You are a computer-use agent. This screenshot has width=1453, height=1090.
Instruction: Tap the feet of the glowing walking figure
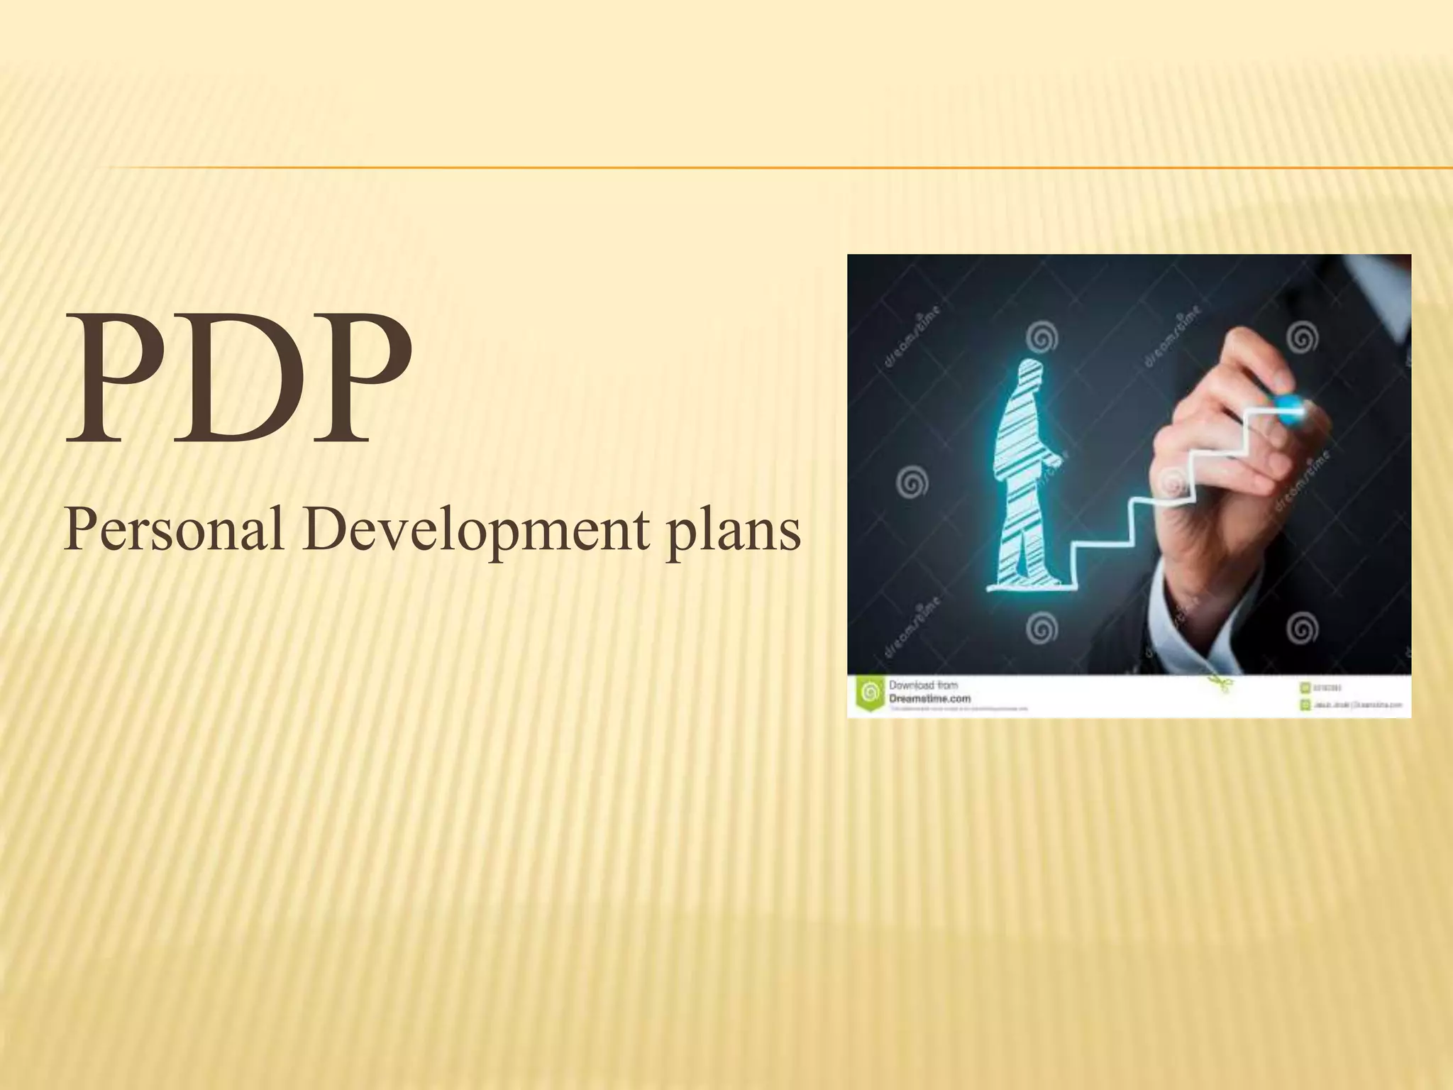1025,578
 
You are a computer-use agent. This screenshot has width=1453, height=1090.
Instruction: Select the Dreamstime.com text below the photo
929,698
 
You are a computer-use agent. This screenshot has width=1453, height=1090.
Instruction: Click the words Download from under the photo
923,685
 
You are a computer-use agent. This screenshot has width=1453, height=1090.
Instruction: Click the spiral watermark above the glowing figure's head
1040,339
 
